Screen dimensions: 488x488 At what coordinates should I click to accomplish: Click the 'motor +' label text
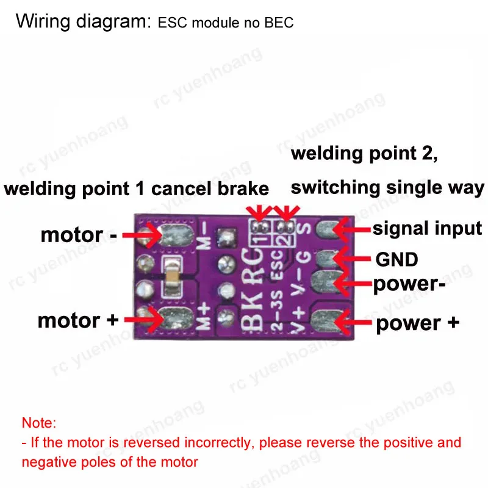coord(78,320)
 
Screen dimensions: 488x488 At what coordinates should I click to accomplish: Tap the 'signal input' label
coord(427,229)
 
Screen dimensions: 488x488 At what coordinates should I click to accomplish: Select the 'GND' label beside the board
coord(396,259)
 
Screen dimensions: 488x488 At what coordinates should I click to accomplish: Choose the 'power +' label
coord(417,323)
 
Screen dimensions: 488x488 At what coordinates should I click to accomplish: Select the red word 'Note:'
coord(38,422)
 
